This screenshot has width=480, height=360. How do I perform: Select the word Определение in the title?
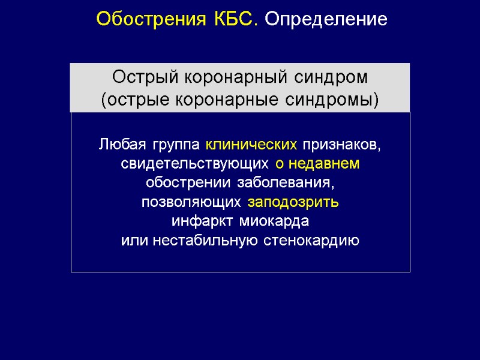tap(326, 20)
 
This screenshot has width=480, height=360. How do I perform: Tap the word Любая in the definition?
tap(121, 145)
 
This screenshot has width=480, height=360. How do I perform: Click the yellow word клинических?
tap(251, 145)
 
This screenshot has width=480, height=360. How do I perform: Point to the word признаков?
tap(341, 145)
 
